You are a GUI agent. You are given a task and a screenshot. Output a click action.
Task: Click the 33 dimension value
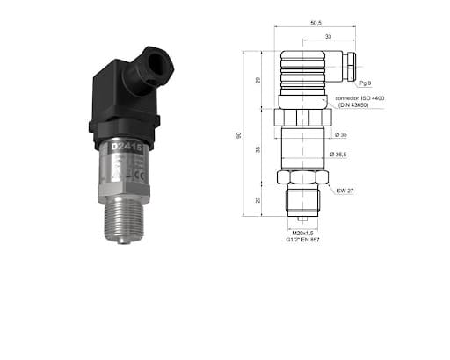tap(327, 36)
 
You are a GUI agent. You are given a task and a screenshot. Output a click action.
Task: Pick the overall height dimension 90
tap(240, 135)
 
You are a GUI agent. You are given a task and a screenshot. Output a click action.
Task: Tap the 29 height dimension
tap(258, 80)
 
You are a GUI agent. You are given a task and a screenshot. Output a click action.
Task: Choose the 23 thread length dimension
tap(258, 200)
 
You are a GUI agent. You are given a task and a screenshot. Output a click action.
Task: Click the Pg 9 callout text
tap(365, 83)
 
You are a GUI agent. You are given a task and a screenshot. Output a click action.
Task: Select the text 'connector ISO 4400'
tap(364, 98)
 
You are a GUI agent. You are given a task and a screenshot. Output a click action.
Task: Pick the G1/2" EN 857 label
tap(303, 239)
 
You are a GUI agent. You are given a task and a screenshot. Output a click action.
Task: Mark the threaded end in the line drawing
tap(302, 201)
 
